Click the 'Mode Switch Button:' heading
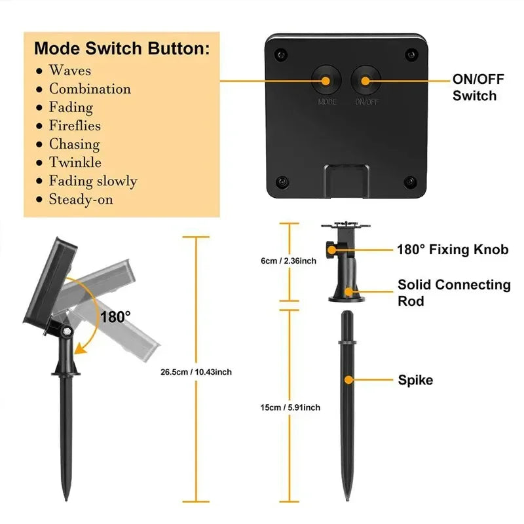pyautogui.click(x=122, y=48)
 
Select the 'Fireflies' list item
pyautogui.click(x=75, y=126)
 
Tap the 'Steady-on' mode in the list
pyautogui.click(x=81, y=199)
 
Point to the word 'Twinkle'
pyautogui.click(x=75, y=162)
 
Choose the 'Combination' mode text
pyautogui.click(x=90, y=89)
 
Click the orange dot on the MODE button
pyautogui.click(x=326, y=81)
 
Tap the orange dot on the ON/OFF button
pyautogui.click(x=365, y=81)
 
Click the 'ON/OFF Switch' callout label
pyautogui.click(x=478, y=88)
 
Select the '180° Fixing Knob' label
pyautogui.click(x=453, y=250)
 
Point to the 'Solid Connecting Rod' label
pyautogui.click(x=454, y=293)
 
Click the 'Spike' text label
pyautogui.click(x=415, y=380)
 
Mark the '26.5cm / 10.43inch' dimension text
pyautogui.click(x=196, y=372)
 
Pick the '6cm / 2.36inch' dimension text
pyautogui.click(x=289, y=261)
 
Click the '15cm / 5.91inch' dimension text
pyautogui.click(x=290, y=407)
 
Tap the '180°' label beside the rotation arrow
pyautogui.click(x=115, y=317)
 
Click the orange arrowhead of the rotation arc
pyautogui.click(x=80, y=349)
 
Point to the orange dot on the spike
pyautogui.click(x=348, y=380)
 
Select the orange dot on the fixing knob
pyautogui.click(x=331, y=250)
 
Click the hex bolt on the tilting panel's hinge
pyautogui.click(x=67, y=331)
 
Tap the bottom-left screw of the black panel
pyautogui.click(x=282, y=182)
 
